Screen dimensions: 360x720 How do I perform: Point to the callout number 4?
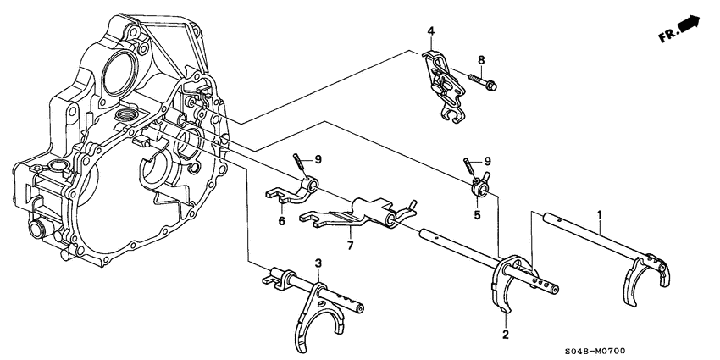[430, 32]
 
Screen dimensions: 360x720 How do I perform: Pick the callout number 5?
[476, 215]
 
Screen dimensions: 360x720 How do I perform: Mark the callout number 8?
[481, 59]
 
